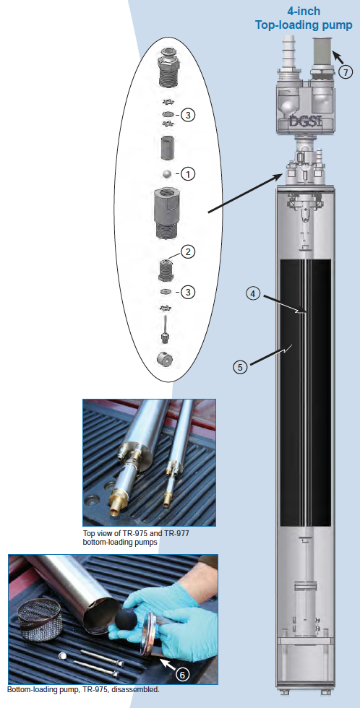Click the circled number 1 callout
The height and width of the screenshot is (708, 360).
[x=188, y=174]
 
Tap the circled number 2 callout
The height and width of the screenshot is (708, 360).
[x=188, y=252]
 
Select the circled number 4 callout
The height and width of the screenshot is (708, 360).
[x=253, y=293]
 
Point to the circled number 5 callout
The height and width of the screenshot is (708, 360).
[x=240, y=366]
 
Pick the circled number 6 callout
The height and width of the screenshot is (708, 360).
[x=183, y=673]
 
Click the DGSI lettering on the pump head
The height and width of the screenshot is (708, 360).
[x=307, y=123]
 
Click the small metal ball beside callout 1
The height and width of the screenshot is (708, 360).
[x=167, y=173]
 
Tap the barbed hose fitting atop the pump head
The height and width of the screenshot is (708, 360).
[x=288, y=53]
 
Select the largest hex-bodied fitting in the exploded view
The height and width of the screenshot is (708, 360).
[x=167, y=210]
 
